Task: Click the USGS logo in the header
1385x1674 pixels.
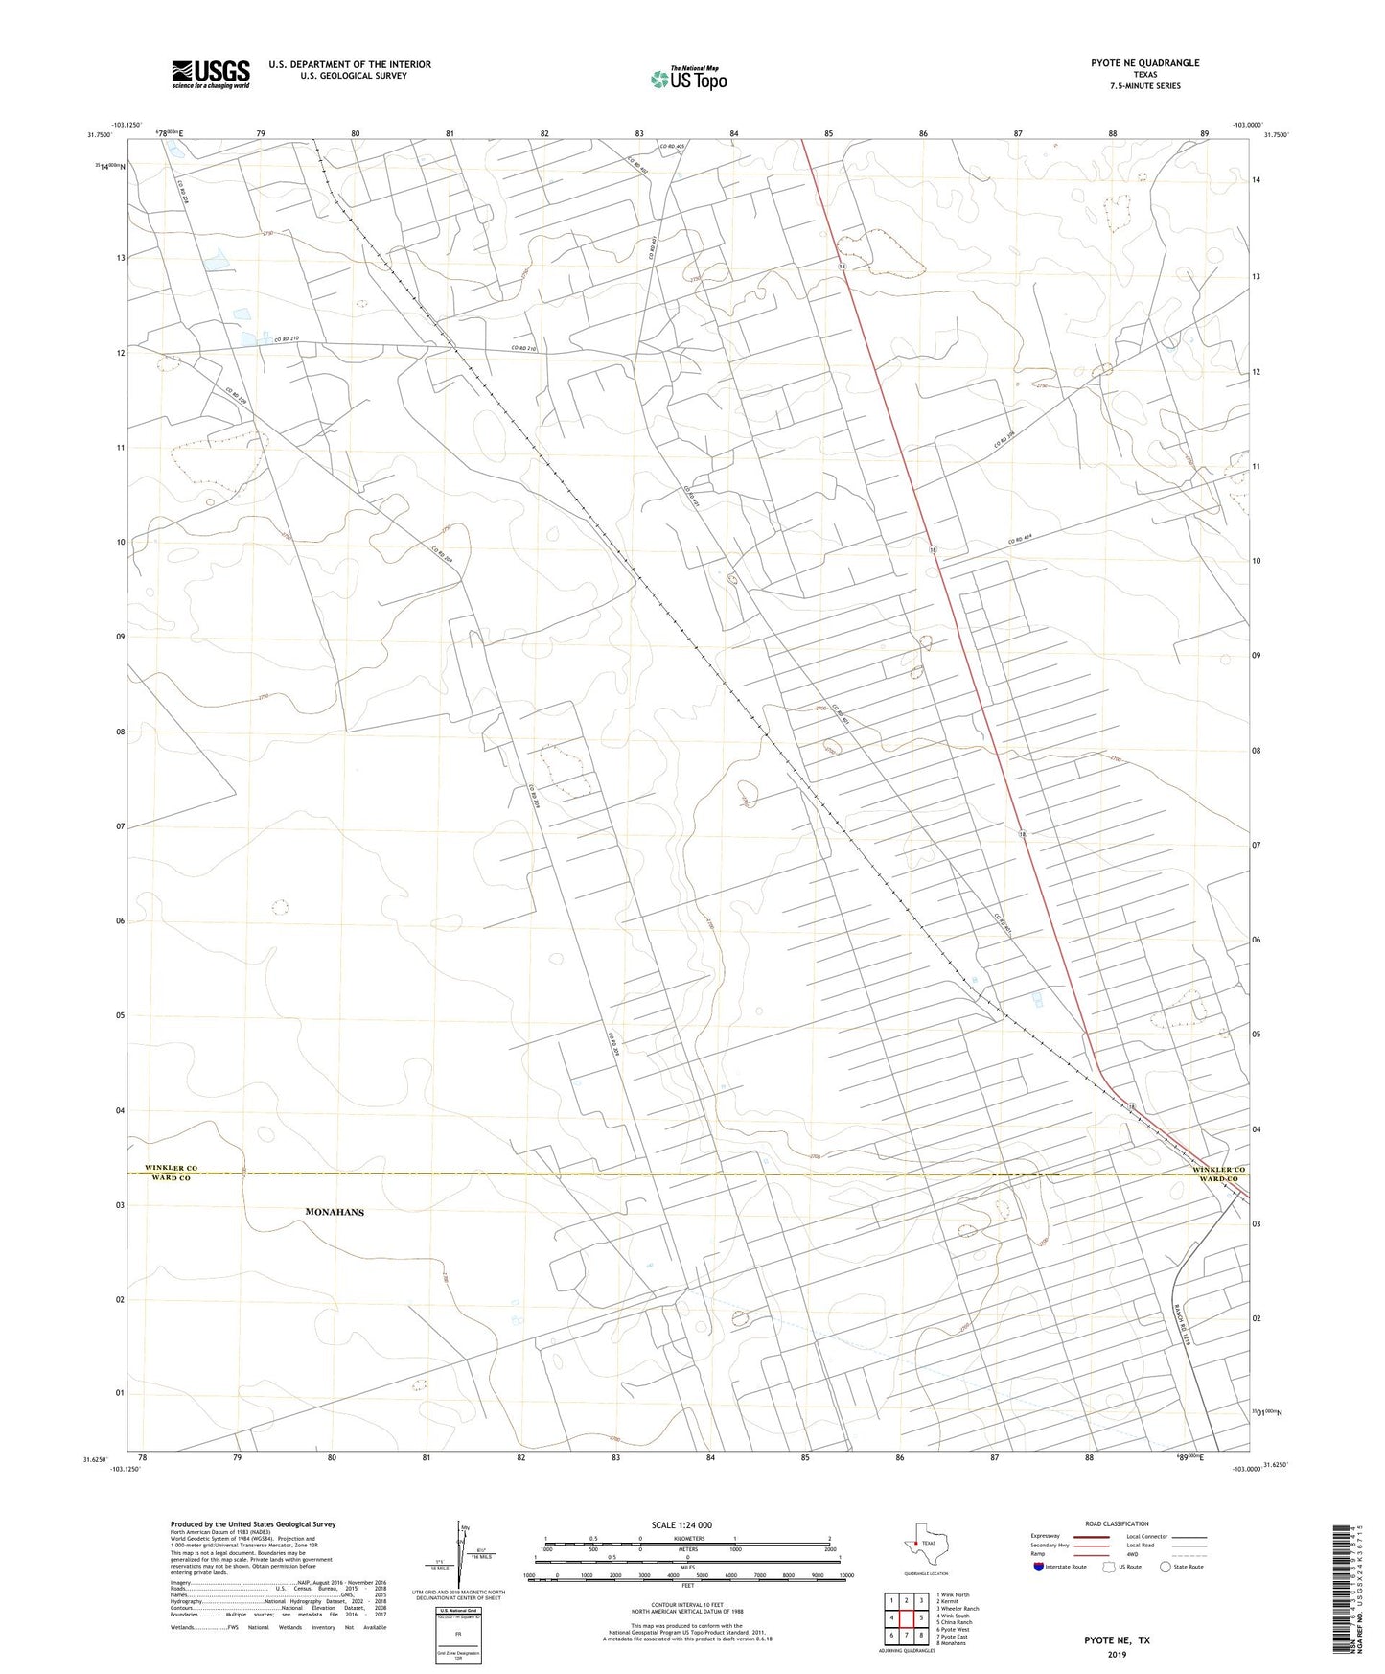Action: click(x=211, y=74)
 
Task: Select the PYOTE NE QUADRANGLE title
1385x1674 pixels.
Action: click(x=1144, y=63)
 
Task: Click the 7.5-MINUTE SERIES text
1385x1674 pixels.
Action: click(x=1144, y=86)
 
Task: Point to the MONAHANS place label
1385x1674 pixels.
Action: click(x=335, y=1212)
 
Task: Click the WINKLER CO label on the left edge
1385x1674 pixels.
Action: click(x=171, y=1168)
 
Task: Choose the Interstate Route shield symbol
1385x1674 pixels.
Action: click(x=1039, y=1567)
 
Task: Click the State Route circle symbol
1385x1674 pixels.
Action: click(x=1166, y=1567)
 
